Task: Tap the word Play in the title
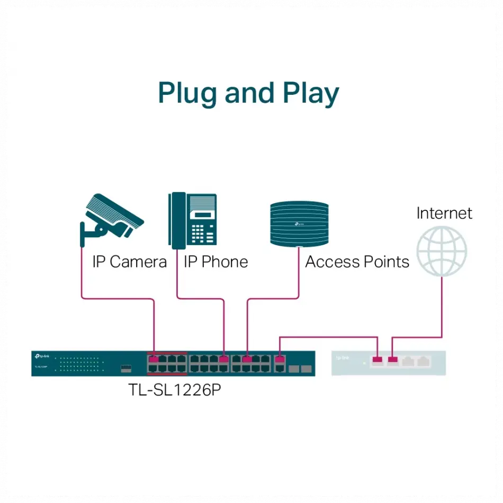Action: [x=310, y=94]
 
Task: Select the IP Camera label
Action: [x=129, y=262]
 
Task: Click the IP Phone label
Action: [x=215, y=262]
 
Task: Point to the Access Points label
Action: [x=357, y=262]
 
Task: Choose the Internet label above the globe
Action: [x=444, y=213]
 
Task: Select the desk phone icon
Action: [x=193, y=220]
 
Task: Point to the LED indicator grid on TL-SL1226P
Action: [x=82, y=363]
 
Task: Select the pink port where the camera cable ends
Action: [x=154, y=359]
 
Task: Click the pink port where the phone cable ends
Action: [x=224, y=359]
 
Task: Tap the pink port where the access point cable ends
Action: [x=247, y=359]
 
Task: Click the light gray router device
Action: [x=388, y=363]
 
